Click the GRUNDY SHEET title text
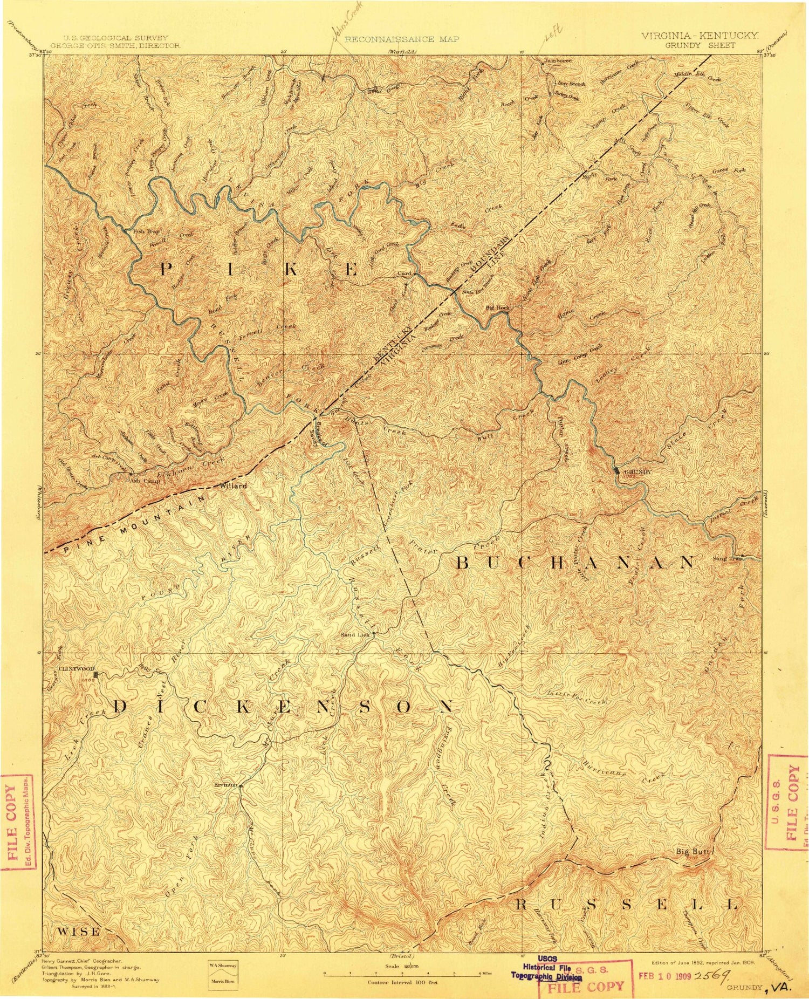(700, 45)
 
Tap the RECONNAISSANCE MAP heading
(402, 39)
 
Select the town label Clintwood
(76, 669)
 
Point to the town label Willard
(234, 486)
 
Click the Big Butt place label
(694, 851)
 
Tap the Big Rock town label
(497, 307)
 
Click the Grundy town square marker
(618, 471)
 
